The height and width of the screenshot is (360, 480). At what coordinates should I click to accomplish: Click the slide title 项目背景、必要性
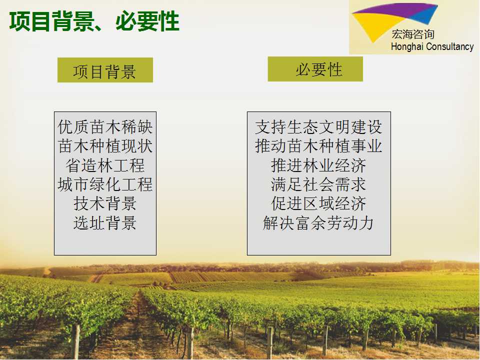94,21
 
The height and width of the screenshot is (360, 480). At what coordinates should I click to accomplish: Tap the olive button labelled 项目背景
105,70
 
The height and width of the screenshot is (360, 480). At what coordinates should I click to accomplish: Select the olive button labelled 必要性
315,69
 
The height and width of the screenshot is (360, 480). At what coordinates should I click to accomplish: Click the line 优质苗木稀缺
105,126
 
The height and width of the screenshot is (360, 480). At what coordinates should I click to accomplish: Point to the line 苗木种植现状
105,146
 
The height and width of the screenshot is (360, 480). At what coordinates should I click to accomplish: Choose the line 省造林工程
105,165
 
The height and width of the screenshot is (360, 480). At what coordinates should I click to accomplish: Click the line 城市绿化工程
105,184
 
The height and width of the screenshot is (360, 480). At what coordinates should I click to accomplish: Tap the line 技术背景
105,203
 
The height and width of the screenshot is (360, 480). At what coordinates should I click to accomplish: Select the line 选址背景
105,223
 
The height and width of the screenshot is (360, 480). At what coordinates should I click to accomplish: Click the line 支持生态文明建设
318,126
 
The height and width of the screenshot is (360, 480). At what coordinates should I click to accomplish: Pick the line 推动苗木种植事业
318,146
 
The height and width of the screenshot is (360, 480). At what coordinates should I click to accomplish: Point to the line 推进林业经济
318,165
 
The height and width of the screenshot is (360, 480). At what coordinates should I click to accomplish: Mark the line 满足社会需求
318,184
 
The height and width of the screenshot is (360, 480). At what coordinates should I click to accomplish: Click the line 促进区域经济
318,203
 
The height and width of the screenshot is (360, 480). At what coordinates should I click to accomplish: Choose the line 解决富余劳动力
318,223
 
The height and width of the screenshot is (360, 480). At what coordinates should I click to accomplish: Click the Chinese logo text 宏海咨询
413,34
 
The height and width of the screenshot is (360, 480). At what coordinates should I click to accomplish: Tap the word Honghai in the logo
407,47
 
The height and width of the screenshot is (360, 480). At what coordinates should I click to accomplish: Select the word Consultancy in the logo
449,47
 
